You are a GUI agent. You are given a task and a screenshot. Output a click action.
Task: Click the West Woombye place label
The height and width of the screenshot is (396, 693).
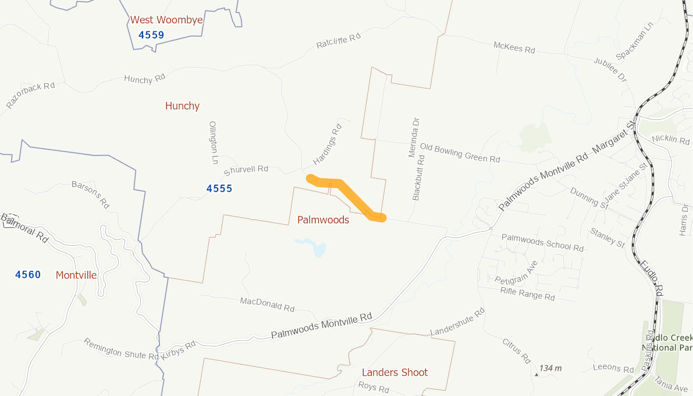[166, 20]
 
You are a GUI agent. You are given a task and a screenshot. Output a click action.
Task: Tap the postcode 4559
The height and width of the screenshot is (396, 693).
[151, 35]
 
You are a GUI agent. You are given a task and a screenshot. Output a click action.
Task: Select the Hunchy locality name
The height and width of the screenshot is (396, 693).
[182, 106]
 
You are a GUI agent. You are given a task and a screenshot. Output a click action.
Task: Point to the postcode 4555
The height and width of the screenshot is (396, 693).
[219, 189]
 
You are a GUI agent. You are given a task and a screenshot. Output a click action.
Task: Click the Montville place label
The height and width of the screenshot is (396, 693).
[76, 275]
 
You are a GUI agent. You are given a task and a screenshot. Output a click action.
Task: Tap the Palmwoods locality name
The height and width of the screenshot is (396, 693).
[323, 220]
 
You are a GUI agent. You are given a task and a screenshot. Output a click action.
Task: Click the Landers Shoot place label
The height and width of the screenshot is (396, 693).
[395, 372]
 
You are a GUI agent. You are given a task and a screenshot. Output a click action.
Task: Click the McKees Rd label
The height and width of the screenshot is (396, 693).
[514, 48]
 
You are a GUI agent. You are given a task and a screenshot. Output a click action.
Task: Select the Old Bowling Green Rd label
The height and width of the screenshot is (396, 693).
[460, 153]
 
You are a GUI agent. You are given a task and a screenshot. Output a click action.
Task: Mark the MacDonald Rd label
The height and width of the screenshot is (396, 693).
[267, 303]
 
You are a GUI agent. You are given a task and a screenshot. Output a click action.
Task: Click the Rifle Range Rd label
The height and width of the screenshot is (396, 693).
[528, 294]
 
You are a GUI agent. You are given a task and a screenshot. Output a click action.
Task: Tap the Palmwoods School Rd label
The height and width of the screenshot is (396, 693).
[542, 242]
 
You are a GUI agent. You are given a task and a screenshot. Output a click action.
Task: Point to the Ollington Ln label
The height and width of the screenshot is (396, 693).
[213, 142]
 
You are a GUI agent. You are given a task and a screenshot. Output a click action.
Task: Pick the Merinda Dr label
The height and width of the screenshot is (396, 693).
[415, 137]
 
